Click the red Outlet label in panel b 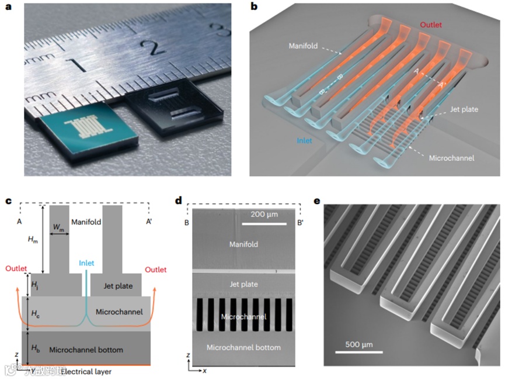click(x=431, y=25)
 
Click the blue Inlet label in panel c click(x=86, y=263)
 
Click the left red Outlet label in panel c click(x=16, y=270)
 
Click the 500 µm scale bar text click(x=358, y=344)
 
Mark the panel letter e click(x=317, y=201)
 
